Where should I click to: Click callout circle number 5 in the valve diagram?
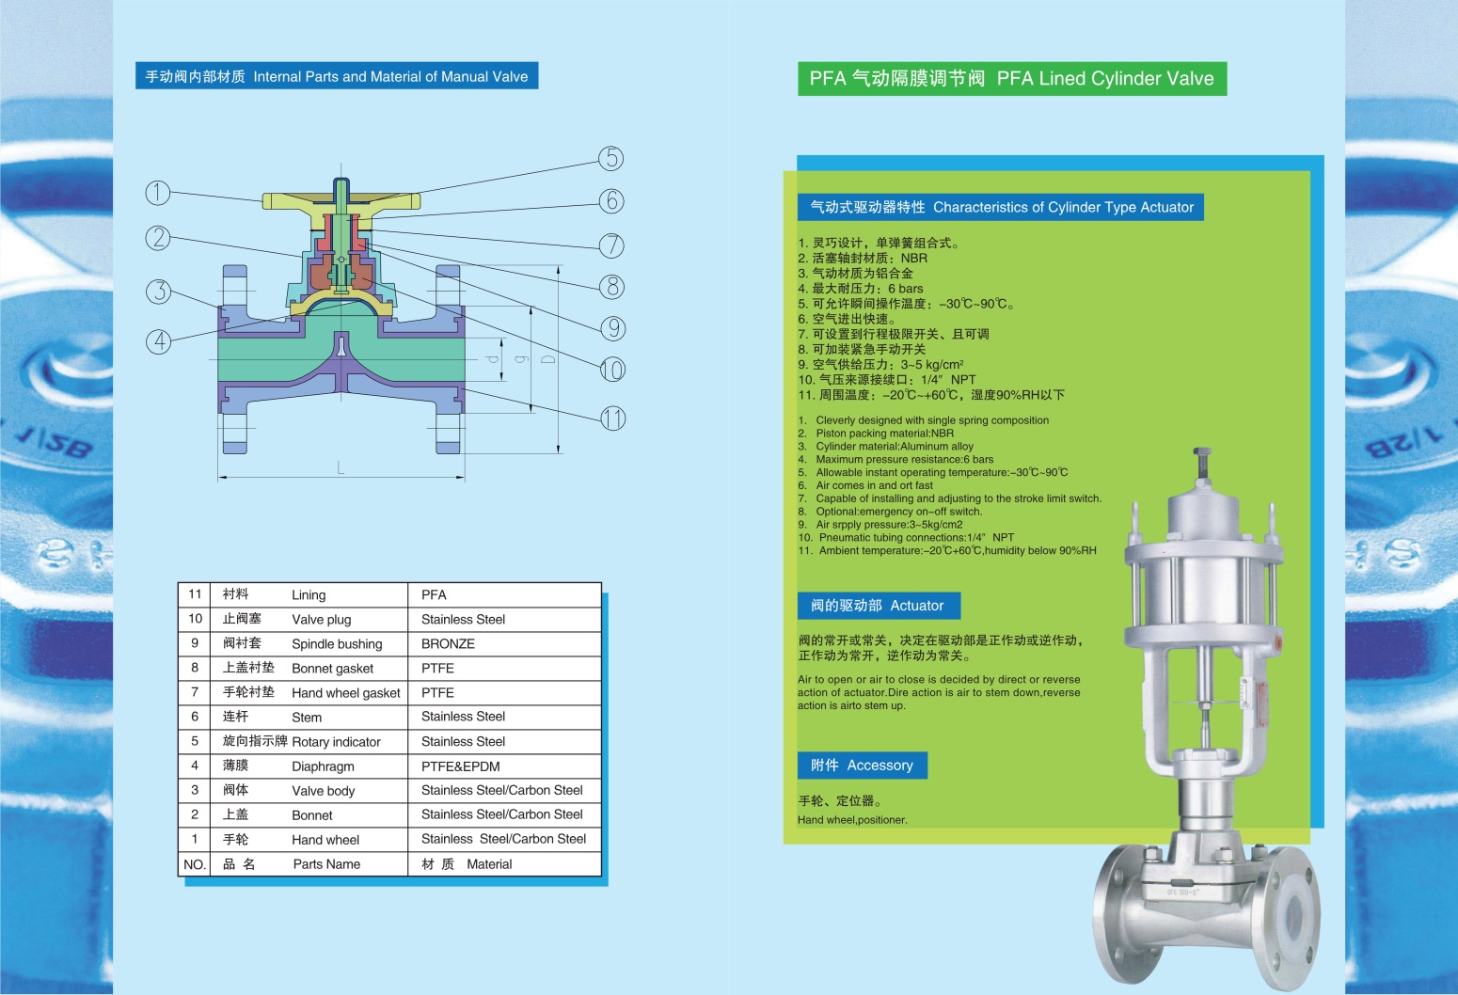click(611, 158)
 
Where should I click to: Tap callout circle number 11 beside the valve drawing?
click(612, 419)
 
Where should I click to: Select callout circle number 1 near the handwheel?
click(157, 193)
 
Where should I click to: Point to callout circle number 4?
click(158, 340)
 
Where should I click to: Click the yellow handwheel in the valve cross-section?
click(341, 200)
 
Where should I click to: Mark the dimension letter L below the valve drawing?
click(341, 467)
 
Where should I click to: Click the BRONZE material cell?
click(448, 644)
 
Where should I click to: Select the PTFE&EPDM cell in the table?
click(460, 766)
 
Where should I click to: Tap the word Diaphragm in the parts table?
click(323, 766)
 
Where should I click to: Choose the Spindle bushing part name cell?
click(337, 644)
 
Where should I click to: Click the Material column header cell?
click(489, 864)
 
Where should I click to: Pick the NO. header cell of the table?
click(195, 864)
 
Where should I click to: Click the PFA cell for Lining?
click(434, 595)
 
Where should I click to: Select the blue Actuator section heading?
click(878, 606)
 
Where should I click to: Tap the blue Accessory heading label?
click(862, 766)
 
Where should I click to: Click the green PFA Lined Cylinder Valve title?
click(1011, 79)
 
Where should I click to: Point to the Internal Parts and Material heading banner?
click(337, 77)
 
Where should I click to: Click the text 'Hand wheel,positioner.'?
click(852, 820)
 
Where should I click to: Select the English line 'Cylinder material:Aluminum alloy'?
click(894, 447)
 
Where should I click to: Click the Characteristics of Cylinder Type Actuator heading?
click(1002, 207)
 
